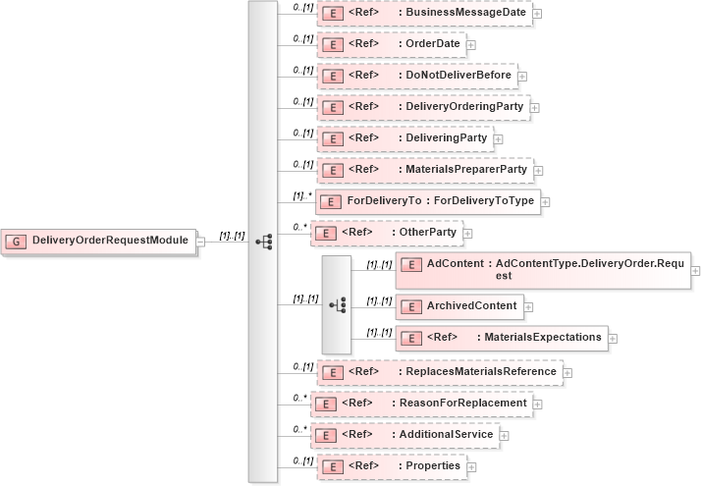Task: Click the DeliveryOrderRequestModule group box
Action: pos(98,240)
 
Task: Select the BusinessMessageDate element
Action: pos(423,13)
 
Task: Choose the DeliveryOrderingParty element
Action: pos(422,107)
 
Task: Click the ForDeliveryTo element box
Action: pos(426,201)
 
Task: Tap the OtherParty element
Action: pos(392,233)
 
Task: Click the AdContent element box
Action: pos(543,270)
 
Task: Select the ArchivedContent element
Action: pos(458,306)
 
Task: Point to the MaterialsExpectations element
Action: pos(501,338)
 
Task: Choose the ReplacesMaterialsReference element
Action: pos(438,372)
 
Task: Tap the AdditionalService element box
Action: pos(404,435)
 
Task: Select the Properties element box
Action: pos(392,466)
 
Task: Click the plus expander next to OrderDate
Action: pos(471,45)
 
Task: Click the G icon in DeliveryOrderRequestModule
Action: pos(17,241)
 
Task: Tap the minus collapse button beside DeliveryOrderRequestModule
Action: pos(199,241)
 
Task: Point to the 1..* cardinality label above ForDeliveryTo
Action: pos(303,194)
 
